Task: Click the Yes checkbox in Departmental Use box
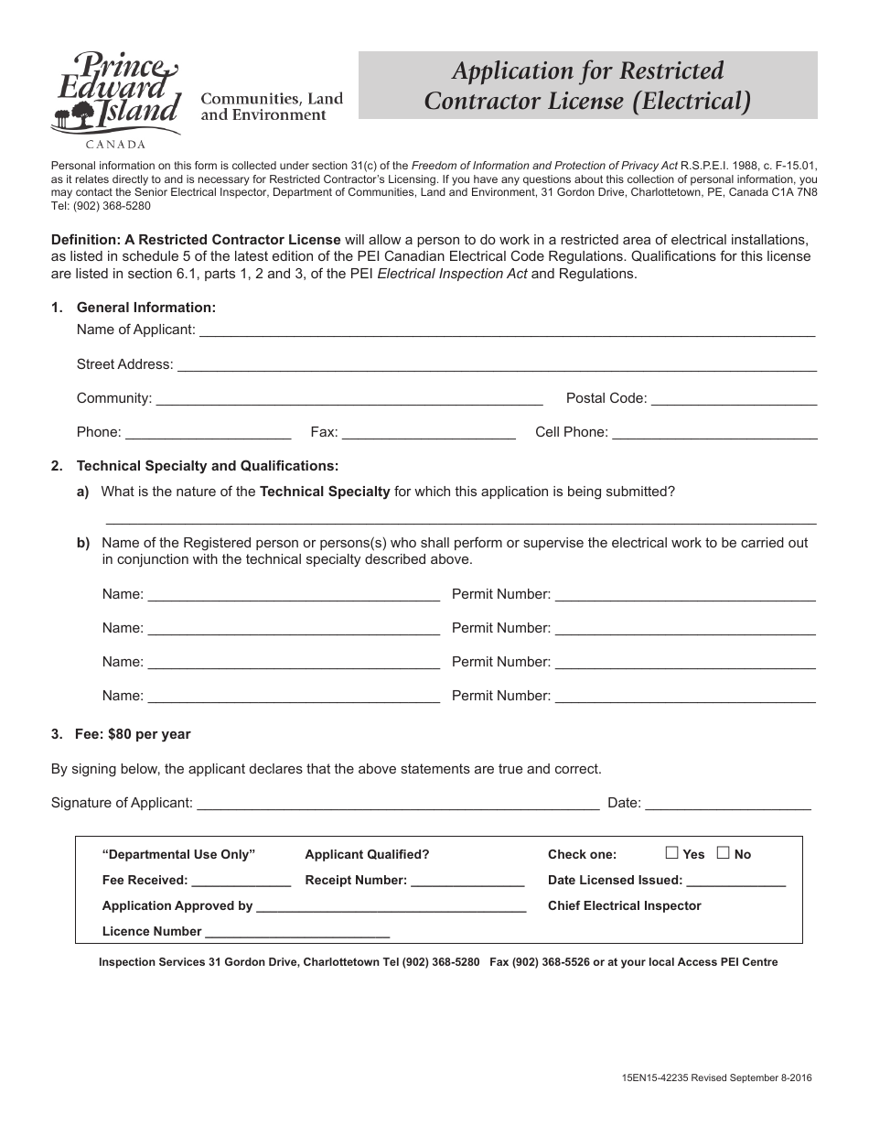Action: (x=671, y=853)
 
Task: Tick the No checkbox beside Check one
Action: (x=723, y=853)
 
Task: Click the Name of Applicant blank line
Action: (x=507, y=331)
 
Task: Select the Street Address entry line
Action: (x=496, y=365)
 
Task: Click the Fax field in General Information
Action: (x=428, y=433)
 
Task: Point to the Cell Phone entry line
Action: (x=713, y=433)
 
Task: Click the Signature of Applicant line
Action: (x=398, y=804)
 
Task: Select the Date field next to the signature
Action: (x=728, y=804)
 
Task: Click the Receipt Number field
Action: (x=467, y=881)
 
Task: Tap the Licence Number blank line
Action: (x=297, y=932)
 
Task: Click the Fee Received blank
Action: (x=241, y=881)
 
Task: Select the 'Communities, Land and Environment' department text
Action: (x=272, y=106)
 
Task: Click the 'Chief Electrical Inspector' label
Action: (x=624, y=905)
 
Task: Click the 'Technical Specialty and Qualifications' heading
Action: (x=208, y=466)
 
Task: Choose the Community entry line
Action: (x=349, y=399)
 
